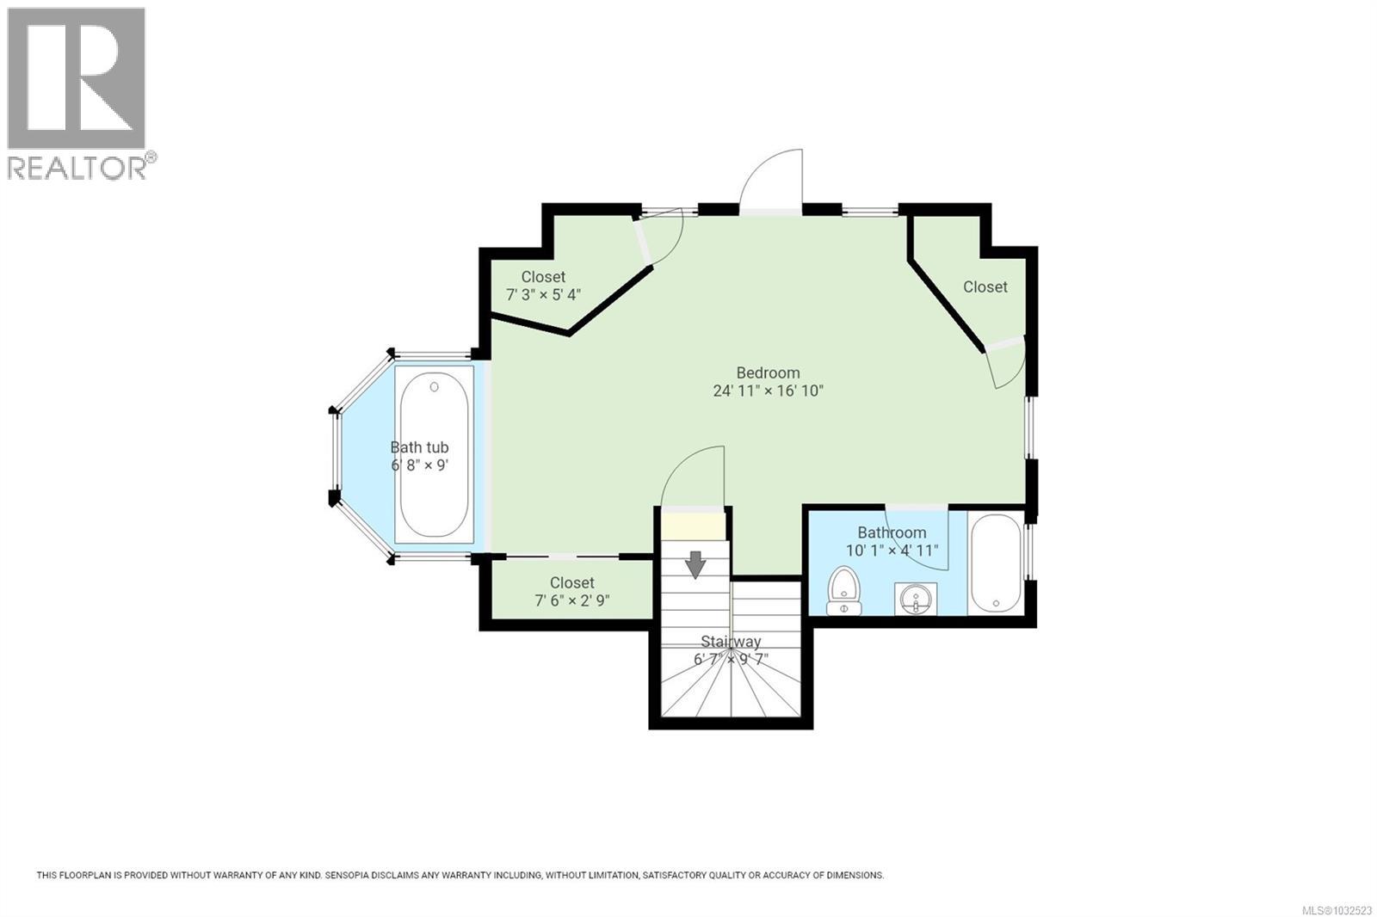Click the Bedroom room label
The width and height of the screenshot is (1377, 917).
click(x=768, y=372)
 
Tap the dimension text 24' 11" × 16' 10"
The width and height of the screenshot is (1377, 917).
click(x=768, y=391)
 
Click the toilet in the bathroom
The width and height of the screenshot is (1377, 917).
click(x=843, y=592)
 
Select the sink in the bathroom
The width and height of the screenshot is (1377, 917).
click(x=916, y=599)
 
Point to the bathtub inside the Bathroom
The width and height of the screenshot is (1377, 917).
click(x=996, y=563)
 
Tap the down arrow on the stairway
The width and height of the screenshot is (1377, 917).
click(x=695, y=565)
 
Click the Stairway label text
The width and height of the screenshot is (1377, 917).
click(x=731, y=641)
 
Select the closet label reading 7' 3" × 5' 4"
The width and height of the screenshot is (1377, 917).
click(x=543, y=294)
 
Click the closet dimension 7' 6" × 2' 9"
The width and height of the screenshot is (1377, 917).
click(x=572, y=600)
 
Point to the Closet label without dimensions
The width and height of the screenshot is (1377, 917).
click(x=985, y=286)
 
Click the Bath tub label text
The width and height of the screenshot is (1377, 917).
click(x=419, y=447)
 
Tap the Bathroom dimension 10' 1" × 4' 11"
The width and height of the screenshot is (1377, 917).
click(x=892, y=551)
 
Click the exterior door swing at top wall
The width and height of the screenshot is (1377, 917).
click(x=772, y=182)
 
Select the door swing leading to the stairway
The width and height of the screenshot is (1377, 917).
click(x=694, y=478)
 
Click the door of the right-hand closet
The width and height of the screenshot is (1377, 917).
click(x=1005, y=362)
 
